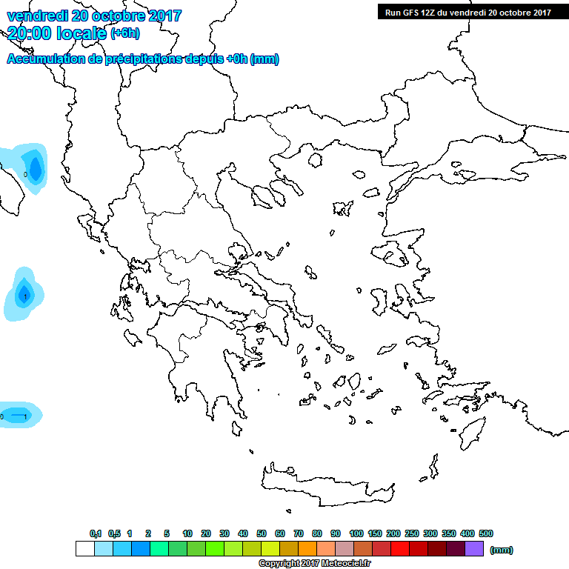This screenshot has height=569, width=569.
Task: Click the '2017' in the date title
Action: (x=164, y=16)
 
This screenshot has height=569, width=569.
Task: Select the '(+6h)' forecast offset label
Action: (x=124, y=33)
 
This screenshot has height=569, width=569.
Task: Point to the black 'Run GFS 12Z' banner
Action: (x=467, y=12)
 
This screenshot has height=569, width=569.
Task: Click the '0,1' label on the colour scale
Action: (x=96, y=533)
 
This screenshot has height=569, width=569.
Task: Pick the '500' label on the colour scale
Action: (x=485, y=533)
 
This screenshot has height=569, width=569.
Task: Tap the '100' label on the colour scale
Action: (x=356, y=533)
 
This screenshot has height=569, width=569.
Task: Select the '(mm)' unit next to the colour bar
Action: (x=502, y=550)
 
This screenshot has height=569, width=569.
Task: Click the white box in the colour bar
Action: (x=84, y=549)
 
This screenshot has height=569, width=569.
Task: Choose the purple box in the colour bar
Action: (x=474, y=549)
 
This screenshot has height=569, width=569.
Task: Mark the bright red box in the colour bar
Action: (x=399, y=549)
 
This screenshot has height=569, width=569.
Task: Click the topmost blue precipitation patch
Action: (x=28, y=167)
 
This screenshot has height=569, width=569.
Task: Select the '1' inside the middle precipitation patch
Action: (x=26, y=296)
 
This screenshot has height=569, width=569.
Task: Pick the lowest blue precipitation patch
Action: (x=18, y=415)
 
